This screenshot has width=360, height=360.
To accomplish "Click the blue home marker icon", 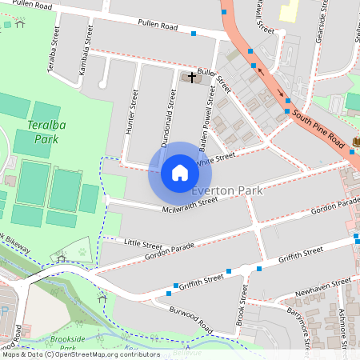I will click(x=180, y=173).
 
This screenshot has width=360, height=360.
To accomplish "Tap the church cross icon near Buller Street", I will click(x=190, y=78).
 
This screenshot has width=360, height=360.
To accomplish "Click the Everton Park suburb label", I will click(x=227, y=190).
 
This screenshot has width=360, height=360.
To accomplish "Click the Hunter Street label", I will click(x=133, y=113).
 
